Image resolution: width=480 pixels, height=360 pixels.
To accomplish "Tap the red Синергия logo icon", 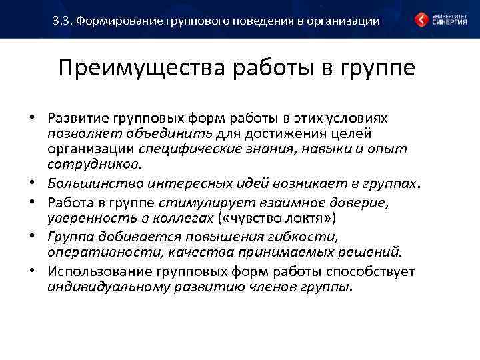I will [x=422, y=19].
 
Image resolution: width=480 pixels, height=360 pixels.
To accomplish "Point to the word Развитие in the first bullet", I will [x=76, y=118].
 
